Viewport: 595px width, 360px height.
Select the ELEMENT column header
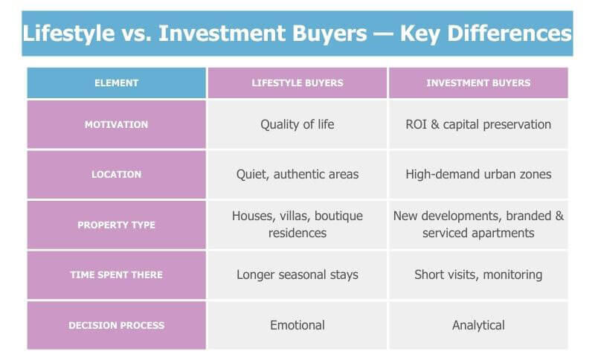[116, 83]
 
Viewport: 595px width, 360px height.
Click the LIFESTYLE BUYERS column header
[297, 83]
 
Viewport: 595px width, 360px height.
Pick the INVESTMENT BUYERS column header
[478, 83]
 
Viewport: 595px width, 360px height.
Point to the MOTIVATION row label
[116, 124]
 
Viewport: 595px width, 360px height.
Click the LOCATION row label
[116, 175]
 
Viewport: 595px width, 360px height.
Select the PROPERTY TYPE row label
[116, 225]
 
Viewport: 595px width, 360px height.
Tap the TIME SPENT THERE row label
[116, 274]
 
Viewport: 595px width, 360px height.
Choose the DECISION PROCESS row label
[116, 325]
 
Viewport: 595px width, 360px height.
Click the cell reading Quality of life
[297, 124]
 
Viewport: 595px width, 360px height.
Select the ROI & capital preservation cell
[478, 124]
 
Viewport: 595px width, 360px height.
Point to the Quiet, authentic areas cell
[297, 175]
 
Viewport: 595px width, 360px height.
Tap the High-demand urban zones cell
[478, 175]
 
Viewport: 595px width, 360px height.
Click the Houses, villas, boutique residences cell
[297, 225]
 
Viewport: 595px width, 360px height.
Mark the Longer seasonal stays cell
[297, 274]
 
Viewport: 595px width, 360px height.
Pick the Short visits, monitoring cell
[478, 274]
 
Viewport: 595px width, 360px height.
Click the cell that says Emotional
[297, 325]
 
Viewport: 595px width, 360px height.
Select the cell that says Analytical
[478, 325]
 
